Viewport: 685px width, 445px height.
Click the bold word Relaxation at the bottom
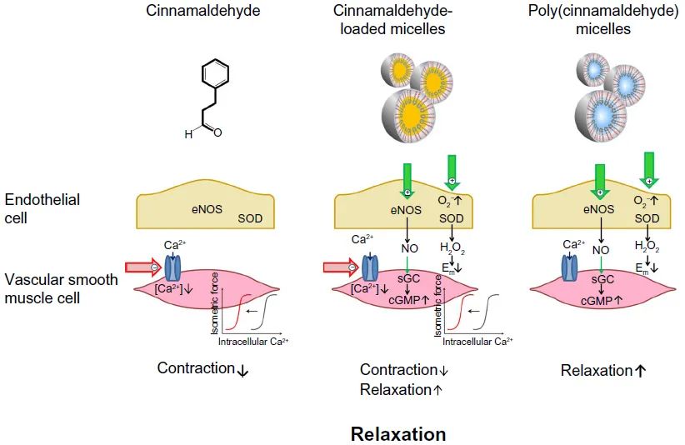(398, 434)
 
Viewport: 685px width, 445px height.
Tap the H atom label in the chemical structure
(189, 133)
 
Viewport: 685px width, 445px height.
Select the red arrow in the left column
(140, 267)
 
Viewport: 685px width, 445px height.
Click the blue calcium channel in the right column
(571, 268)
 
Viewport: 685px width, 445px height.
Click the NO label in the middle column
(410, 247)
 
